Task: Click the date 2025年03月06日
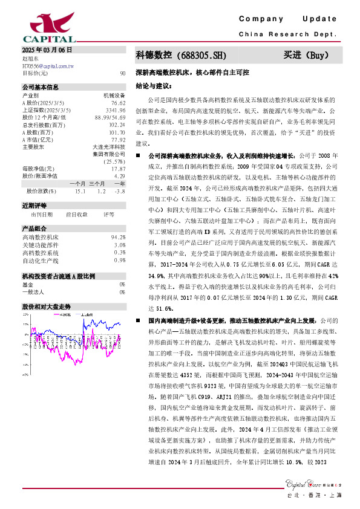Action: pyautogui.click(x=47, y=50)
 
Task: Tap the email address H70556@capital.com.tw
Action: pyautogui.click(x=48, y=65)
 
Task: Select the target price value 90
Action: pyautogui.click(x=123, y=73)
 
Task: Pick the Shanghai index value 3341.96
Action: pyautogui.click(x=116, y=111)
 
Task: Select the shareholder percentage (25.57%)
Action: pyautogui.click(x=115, y=161)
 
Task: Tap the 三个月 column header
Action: pyautogui.click(x=97, y=183)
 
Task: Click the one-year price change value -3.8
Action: pyautogui.click(x=120, y=190)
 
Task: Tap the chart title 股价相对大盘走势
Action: pyautogui.click(x=47, y=306)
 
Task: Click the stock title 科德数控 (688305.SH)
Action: pyautogui.click(x=181, y=56)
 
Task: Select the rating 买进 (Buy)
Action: pyautogui.click(x=306, y=56)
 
